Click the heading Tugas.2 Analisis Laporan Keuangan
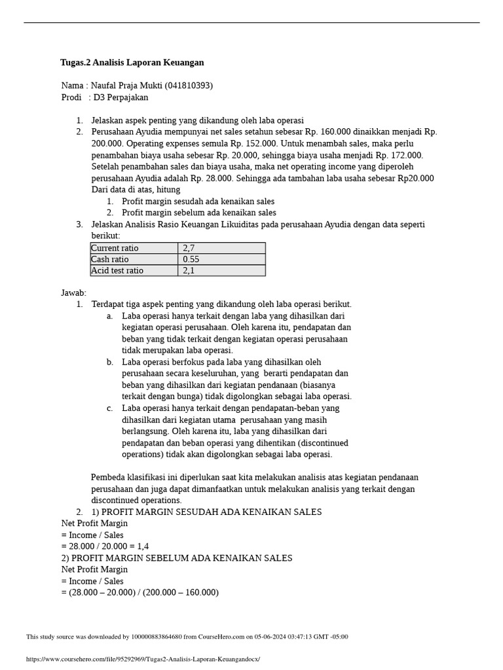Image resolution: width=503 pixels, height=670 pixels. coord(132,63)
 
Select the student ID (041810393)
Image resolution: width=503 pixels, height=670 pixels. coord(189,86)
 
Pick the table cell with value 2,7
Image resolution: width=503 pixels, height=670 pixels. coord(189,248)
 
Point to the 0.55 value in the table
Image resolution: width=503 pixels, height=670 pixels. coord(191,259)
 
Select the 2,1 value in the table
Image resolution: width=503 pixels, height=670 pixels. coord(189,270)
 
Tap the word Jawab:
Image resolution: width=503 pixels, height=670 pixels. coord(73,293)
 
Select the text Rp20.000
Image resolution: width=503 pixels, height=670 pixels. coord(416,178)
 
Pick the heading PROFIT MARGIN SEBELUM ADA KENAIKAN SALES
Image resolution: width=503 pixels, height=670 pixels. coord(181,558)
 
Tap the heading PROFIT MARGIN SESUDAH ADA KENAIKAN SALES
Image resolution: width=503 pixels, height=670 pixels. coord(211,512)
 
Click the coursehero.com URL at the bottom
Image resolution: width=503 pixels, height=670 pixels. coord(143,659)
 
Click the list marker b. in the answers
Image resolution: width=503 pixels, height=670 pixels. coord(110,362)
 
